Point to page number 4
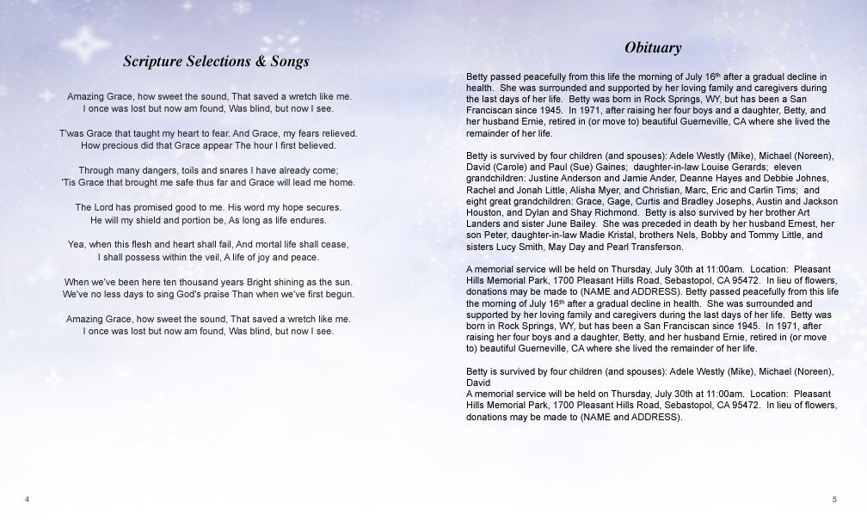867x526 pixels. (x=28, y=499)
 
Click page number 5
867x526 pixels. (x=834, y=499)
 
